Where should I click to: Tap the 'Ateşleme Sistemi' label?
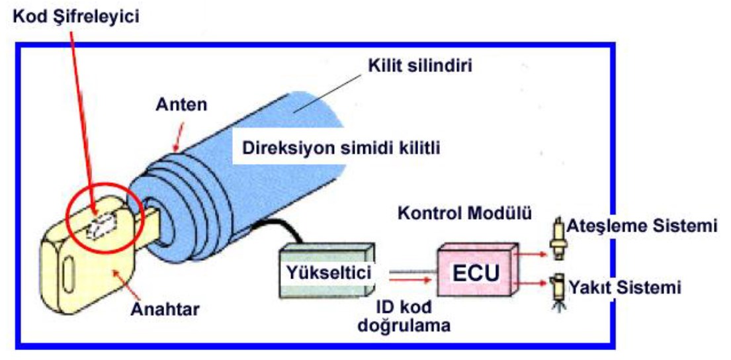point(642,226)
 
